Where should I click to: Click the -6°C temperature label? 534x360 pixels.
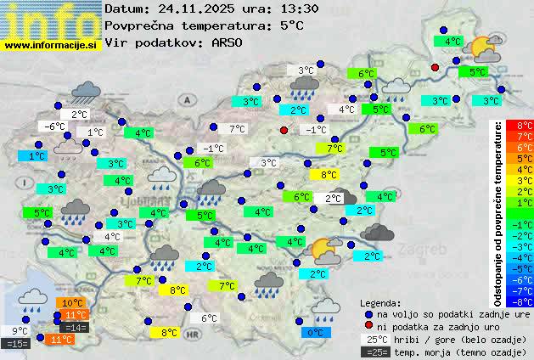[x=55, y=127]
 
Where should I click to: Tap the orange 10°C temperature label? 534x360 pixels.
[x=72, y=302]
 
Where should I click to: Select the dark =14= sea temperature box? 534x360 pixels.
[x=74, y=327]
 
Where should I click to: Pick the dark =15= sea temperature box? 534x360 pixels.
[x=17, y=343]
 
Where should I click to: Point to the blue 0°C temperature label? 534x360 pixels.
[x=316, y=333]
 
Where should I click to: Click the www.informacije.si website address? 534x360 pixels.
[x=50, y=44]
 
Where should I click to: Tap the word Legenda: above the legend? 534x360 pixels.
[x=380, y=302]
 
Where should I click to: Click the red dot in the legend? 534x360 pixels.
[x=368, y=325]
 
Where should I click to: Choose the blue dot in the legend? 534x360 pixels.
[x=368, y=313]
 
